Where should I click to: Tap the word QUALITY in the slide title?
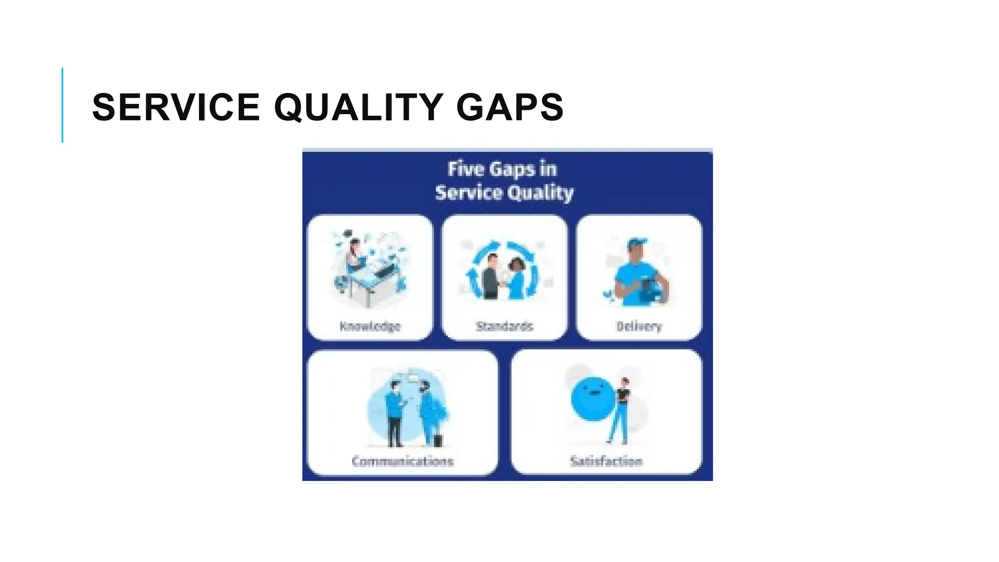coord(359,107)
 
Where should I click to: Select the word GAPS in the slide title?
coord(510,107)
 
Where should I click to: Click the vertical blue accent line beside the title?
coord(62,105)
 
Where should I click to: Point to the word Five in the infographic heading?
coord(466,169)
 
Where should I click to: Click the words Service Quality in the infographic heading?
coord(504,193)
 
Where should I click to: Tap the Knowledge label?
coord(370,326)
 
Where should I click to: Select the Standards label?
coord(504,326)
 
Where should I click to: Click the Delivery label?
coord(639,326)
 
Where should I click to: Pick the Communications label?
coord(402,461)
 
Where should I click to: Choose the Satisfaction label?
coord(606,461)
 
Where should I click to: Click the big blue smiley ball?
coord(593,399)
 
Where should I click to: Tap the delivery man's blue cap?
coord(637,243)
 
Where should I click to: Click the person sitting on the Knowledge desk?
coord(355,256)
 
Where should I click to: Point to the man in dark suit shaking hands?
coord(491,278)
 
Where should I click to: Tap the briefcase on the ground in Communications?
coord(438,441)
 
